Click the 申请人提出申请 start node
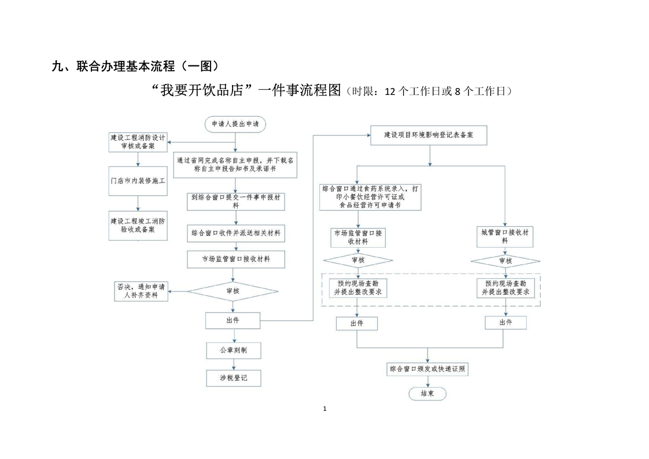point(235,123)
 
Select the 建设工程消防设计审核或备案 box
point(138,142)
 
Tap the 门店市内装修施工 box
point(138,181)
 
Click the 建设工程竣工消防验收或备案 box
point(138,225)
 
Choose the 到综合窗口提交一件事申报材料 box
point(235,201)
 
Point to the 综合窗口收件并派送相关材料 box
point(235,233)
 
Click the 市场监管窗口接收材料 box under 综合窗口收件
point(235,259)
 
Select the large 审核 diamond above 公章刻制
point(234,291)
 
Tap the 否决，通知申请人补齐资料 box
point(141,291)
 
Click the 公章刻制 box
point(234,350)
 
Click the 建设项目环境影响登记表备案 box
point(428,135)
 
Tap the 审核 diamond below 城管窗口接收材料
point(505,261)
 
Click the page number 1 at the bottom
point(325,409)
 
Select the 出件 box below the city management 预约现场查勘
point(505,322)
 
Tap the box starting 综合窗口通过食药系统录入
point(371,197)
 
